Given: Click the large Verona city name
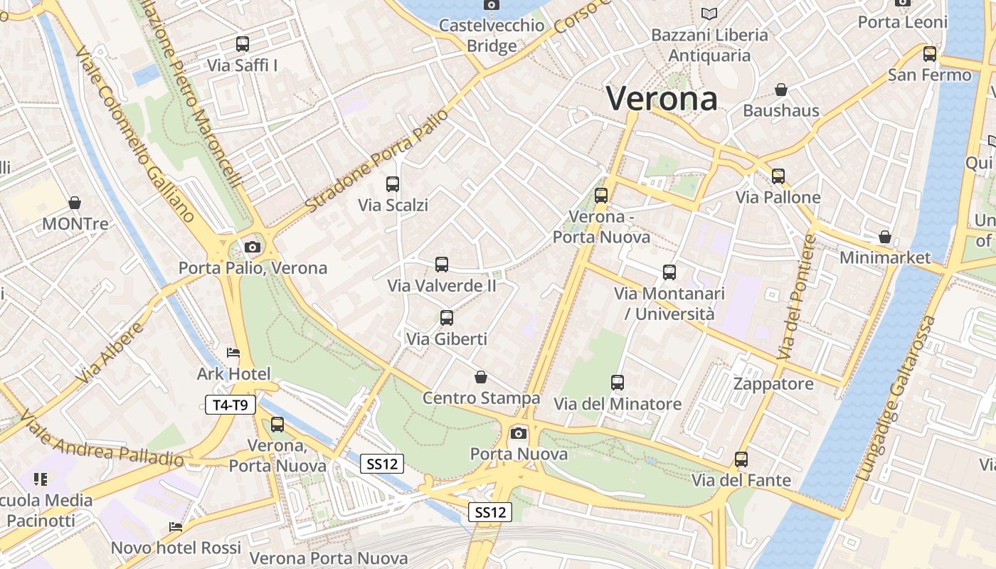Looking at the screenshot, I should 662,98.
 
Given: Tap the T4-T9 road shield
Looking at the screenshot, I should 230,405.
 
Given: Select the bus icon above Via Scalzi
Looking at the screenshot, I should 393,184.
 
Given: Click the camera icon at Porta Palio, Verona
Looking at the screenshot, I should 252,248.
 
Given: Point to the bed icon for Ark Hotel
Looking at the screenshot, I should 233,353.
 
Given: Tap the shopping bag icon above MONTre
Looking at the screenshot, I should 75,203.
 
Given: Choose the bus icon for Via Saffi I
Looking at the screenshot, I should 243,44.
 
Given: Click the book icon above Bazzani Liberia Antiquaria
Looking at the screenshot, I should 709,14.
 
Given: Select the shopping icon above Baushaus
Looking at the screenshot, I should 781,90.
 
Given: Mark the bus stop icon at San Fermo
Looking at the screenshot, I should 930,54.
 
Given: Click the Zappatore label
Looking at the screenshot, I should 773,384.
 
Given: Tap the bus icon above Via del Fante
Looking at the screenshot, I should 741,459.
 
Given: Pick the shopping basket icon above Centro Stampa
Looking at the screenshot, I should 481,377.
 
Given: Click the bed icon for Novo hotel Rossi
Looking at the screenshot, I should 176,527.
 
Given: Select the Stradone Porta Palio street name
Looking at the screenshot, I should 377,161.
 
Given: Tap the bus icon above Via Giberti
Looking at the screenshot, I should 447,318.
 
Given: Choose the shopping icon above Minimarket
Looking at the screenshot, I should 885,236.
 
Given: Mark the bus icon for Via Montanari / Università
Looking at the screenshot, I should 669,272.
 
